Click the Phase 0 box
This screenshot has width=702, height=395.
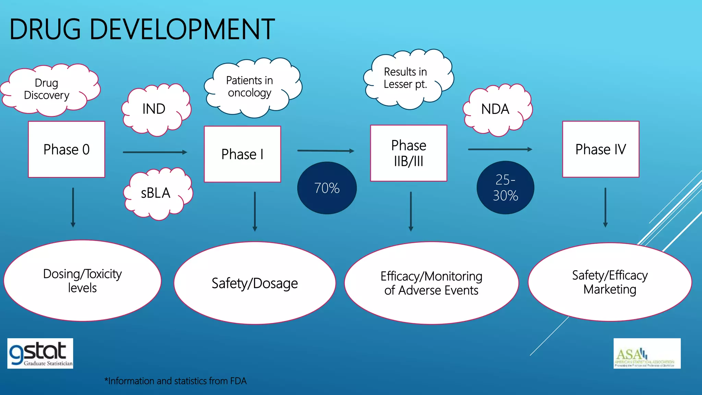(x=66, y=149)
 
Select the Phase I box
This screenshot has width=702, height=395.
(x=242, y=154)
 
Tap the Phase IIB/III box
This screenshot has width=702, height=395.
(x=409, y=153)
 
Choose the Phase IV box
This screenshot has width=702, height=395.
(x=601, y=149)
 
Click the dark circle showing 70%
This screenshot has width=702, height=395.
(x=327, y=188)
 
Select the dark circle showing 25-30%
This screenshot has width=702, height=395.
(x=505, y=188)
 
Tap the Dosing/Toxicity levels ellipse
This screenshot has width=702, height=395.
(x=82, y=281)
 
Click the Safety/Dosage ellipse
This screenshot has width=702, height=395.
(x=255, y=283)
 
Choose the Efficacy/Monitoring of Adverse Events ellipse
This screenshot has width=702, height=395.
(x=431, y=283)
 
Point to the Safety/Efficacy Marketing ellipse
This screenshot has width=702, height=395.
(x=610, y=282)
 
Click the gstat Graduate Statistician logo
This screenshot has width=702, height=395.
(x=40, y=354)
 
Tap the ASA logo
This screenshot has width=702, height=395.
(x=647, y=354)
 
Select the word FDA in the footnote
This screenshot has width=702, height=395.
(x=238, y=381)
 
